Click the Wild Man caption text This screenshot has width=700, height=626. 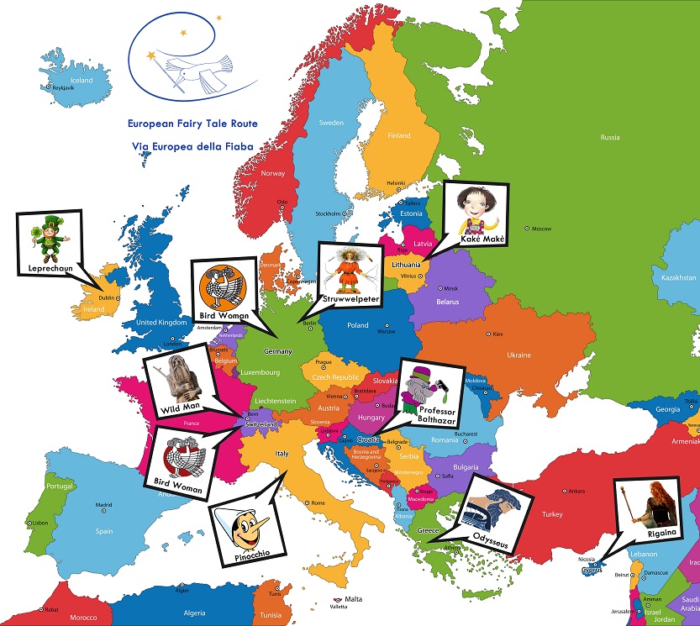(178, 409)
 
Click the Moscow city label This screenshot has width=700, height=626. (540, 229)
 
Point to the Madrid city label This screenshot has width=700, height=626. (103, 505)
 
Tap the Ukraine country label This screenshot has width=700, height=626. (518, 355)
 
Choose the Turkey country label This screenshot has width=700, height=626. (553, 514)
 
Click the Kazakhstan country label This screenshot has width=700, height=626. (677, 277)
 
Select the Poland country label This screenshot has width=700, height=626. (358, 325)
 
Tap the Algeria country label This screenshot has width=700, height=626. (194, 613)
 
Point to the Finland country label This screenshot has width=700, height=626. (398, 135)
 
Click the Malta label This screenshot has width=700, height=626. (353, 599)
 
